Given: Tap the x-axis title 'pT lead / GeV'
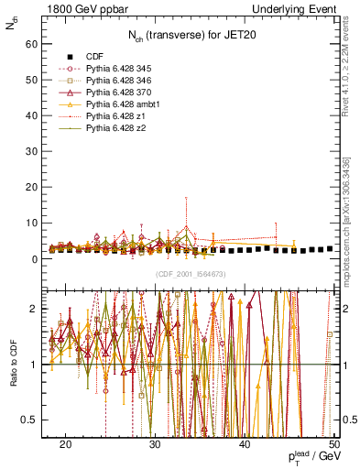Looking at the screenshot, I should [x=311, y=457].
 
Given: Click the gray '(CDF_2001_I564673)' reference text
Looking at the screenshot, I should [x=191, y=274].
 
